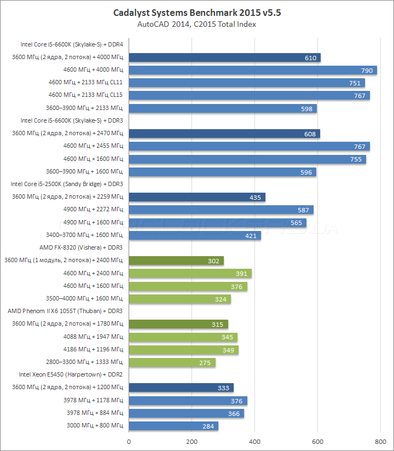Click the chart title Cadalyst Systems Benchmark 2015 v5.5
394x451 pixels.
point(197,12)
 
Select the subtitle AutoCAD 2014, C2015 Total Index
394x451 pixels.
point(197,24)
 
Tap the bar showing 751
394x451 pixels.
point(247,83)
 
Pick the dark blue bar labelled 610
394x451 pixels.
point(224,57)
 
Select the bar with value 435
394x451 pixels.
point(197,197)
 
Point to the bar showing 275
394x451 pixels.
point(172,362)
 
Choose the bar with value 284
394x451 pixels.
point(173,426)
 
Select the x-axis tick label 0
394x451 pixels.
point(129,441)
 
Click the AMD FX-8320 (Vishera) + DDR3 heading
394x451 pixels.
point(81,247)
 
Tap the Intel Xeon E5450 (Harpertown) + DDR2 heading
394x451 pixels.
point(71,375)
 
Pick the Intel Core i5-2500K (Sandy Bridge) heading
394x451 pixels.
point(67,184)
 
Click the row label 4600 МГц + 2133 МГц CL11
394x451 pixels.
point(85,83)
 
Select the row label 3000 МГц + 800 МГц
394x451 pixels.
point(94,426)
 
